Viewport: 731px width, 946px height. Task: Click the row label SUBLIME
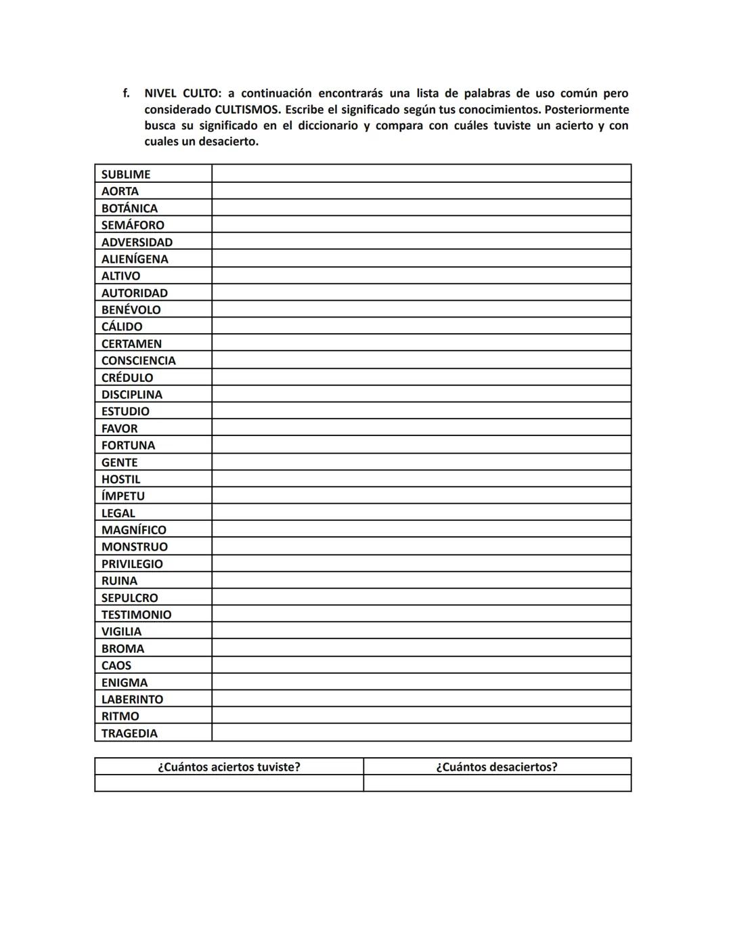(x=126, y=174)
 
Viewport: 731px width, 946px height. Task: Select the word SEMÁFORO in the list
(x=133, y=225)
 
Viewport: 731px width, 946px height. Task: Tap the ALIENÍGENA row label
(x=135, y=259)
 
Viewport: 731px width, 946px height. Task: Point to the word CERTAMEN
(x=131, y=343)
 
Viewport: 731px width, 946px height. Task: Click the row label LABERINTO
(x=132, y=699)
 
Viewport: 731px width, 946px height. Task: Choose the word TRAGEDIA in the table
(x=129, y=733)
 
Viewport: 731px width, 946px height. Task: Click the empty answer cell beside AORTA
(x=421, y=191)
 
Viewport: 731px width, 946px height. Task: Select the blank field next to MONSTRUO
(x=421, y=546)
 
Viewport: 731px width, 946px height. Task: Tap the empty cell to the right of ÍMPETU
(x=421, y=496)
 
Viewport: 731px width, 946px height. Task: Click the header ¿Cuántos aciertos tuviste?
(x=229, y=767)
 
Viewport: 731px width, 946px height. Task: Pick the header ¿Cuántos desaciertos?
(x=497, y=767)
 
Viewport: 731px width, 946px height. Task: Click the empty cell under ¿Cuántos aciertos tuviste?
(x=229, y=783)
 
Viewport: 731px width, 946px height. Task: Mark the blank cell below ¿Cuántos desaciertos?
(x=497, y=783)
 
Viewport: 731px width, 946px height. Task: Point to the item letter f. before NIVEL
(x=126, y=93)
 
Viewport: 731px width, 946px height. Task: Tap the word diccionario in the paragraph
(x=328, y=126)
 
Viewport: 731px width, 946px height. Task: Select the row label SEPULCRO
(x=129, y=597)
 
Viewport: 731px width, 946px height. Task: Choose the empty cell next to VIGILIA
(x=421, y=631)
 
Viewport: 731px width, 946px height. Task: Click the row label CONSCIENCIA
(x=138, y=360)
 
